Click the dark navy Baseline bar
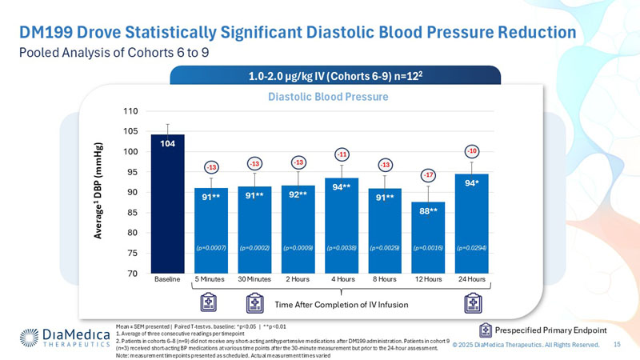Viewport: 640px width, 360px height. [167, 208]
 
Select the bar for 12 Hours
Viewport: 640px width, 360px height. [428, 240]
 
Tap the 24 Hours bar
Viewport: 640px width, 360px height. [471, 228]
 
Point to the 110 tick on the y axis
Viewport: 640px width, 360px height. [131, 111]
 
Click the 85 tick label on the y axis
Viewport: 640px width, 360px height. [133, 213]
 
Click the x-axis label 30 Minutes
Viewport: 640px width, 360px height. [254, 279]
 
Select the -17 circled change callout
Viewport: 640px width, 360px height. [429, 174]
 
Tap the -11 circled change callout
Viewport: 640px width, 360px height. [342, 154]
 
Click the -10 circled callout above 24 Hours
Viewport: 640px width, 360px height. [472, 150]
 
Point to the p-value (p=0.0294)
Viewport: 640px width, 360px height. [472, 249]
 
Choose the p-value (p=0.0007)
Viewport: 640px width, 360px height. [211, 249]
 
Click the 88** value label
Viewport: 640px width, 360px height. [428, 210]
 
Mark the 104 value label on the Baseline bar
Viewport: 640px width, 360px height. [167, 144]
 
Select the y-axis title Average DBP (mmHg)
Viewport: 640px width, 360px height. [100, 192]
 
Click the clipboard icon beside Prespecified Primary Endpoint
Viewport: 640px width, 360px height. [485, 330]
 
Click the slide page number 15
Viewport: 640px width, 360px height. [618, 344]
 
